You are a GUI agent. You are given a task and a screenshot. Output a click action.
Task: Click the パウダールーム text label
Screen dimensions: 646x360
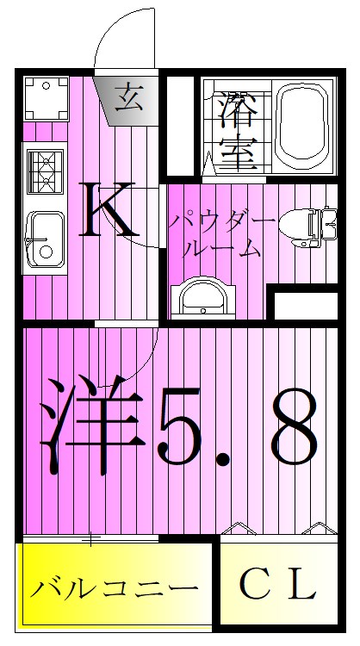pyautogui.click(x=221, y=234)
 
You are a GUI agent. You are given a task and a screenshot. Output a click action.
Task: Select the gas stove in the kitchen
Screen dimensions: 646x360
pyautogui.click(x=43, y=171)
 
